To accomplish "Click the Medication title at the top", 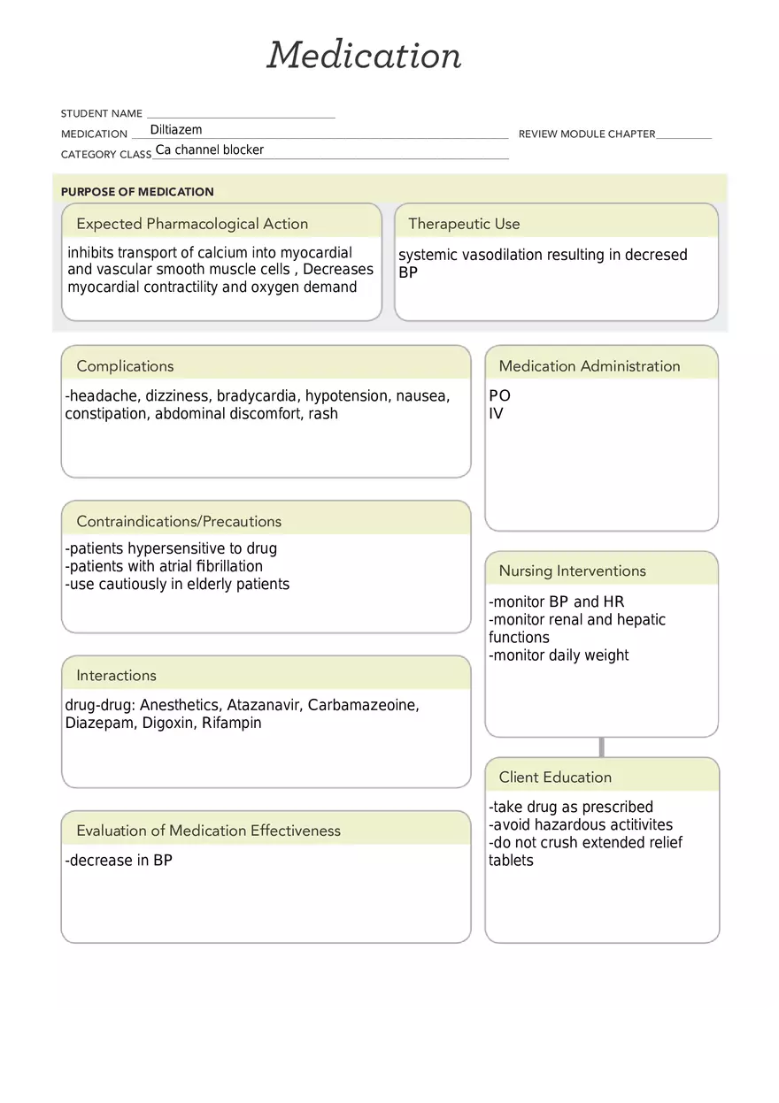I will point(364,55).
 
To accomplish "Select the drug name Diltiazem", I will point(176,130).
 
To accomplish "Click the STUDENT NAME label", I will point(101,114).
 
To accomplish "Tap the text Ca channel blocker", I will point(210,150).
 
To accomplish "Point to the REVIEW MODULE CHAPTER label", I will point(586,134).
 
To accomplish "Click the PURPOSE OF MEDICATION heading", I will point(137,192).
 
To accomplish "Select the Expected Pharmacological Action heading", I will point(192,224).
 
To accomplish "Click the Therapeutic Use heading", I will point(464,224).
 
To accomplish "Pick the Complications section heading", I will point(125,366).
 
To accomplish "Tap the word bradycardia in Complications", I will point(258,396).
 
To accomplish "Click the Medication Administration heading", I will point(590,366).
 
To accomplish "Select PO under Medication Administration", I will point(499,396).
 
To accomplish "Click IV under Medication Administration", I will point(496,414).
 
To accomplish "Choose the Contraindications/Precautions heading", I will point(179,522).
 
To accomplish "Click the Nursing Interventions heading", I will point(572,571).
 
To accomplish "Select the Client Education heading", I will point(555,777).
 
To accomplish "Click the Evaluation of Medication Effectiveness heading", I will point(208,831).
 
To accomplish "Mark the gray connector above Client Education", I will point(602,747).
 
